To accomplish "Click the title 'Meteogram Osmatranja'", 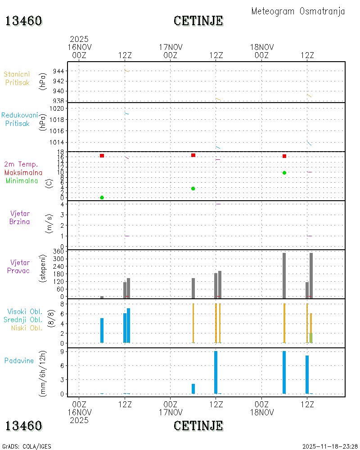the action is pos(298,12).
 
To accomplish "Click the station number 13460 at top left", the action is pos(23,21).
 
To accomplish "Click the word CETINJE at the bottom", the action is pos(198,426).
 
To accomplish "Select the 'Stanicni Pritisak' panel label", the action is pos(17,78).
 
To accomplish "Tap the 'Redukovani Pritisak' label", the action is pos(19,119).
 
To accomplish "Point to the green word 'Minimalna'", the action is pos(22,181).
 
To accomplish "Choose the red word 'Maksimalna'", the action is pos(23,173).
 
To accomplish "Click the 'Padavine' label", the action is pos(19,361).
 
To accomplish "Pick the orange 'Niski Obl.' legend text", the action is pos(27,328).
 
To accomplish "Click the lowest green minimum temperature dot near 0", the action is pos(102,198).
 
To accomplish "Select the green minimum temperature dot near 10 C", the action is pos(284,173).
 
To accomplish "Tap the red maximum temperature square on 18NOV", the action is pos(284,156).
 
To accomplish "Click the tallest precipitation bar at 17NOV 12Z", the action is pos(216,372).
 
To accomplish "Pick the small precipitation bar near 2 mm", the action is pos(193,389).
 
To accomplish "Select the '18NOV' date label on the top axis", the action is pos(262,47).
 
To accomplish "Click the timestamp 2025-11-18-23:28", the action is pos(330,446).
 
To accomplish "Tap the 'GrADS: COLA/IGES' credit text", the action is pos(27,446).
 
